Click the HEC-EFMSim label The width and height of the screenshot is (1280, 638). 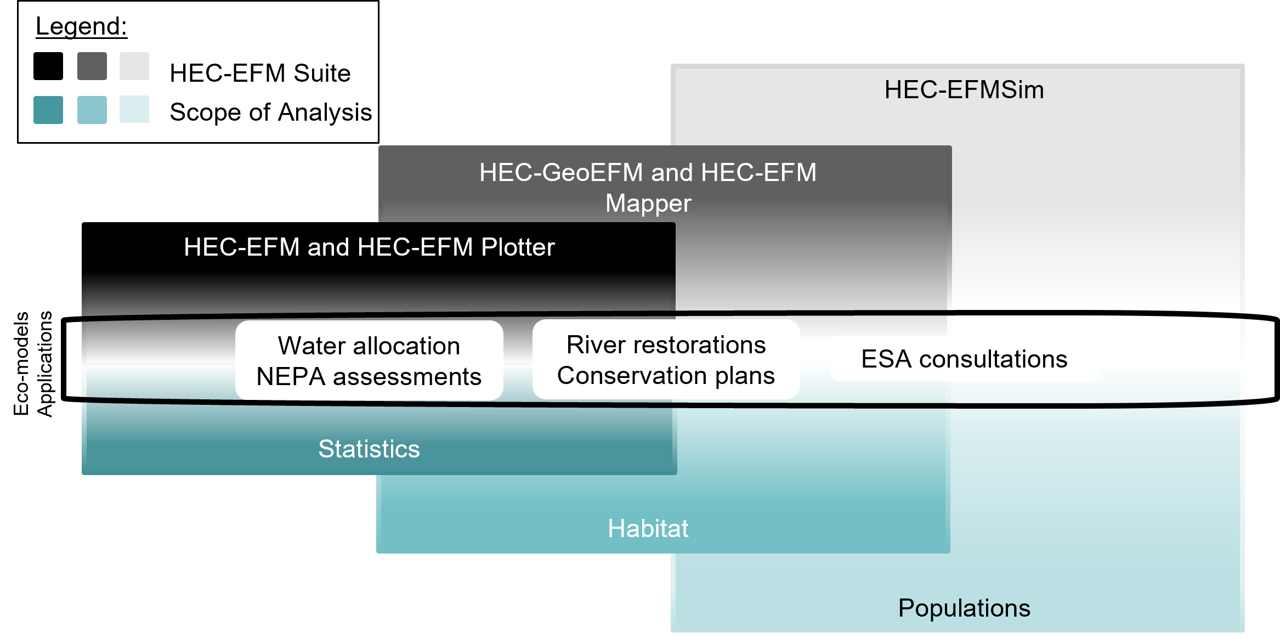tap(964, 89)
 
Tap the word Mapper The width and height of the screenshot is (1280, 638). tap(648, 204)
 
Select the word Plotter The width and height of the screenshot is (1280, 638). tap(518, 247)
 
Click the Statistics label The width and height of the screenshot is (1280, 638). tap(369, 449)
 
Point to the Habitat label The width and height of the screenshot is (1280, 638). tap(648, 528)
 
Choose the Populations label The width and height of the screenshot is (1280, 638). tap(964, 608)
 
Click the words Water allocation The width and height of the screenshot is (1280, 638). tap(369, 346)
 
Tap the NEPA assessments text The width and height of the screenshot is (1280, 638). tap(369, 377)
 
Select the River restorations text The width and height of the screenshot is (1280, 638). tap(666, 345)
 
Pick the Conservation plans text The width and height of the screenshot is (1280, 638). tap(666, 376)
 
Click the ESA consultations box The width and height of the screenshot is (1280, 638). tap(964, 359)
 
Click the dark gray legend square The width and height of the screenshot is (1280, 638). tap(92, 66)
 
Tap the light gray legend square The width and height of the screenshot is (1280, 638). tap(134, 66)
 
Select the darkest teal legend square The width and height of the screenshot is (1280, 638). tap(48, 110)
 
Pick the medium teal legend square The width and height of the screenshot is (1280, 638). tap(92, 110)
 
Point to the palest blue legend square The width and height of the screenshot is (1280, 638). tap(134, 109)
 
